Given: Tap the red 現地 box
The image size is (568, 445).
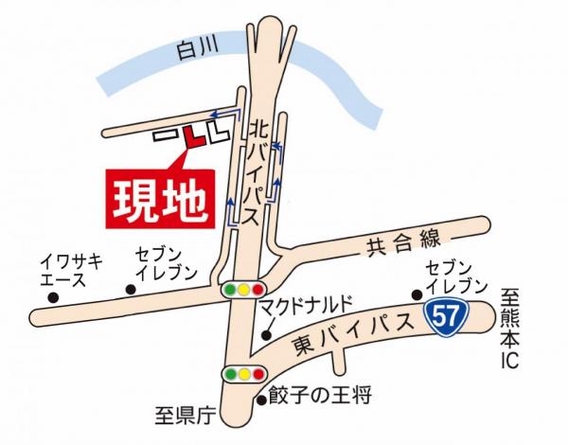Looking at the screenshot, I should pos(159,199).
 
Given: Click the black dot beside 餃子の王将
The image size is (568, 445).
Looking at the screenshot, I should pos(262,400).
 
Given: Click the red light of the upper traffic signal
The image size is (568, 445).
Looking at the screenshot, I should pos(257,290).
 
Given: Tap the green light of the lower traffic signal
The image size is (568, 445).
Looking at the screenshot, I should pos(231,375).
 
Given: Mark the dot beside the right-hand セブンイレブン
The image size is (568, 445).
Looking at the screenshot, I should pos(416,294).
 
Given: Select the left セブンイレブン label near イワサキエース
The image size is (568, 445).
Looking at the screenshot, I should pos(165,264).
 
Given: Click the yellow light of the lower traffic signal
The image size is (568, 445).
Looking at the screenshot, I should pos(244,375).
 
